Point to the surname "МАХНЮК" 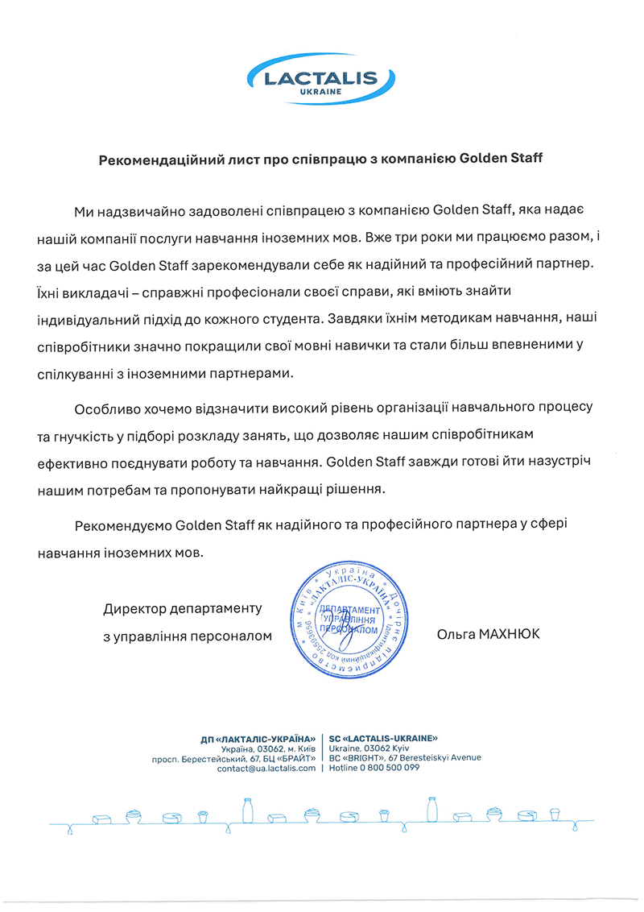click(x=512, y=635)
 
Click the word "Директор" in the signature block click(x=134, y=607)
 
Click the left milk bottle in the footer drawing click(x=248, y=810)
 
